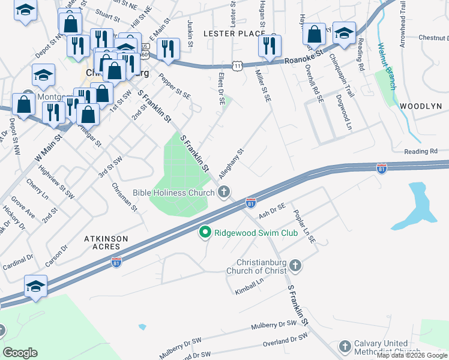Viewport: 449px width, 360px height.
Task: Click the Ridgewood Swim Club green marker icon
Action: [x=205, y=232]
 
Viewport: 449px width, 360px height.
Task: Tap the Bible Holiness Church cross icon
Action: [x=224, y=193]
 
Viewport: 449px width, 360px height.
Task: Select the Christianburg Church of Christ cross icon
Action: [x=295, y=265]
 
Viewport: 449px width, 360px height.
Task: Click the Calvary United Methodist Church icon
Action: [x=345, y=346]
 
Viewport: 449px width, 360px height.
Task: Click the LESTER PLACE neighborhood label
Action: [x=234, y=33]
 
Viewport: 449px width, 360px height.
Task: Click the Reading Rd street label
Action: [x=422, y=152]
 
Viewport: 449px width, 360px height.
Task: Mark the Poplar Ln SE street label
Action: [x=304, y=226]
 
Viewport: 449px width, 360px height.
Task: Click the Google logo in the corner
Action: [x=20, y=353]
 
